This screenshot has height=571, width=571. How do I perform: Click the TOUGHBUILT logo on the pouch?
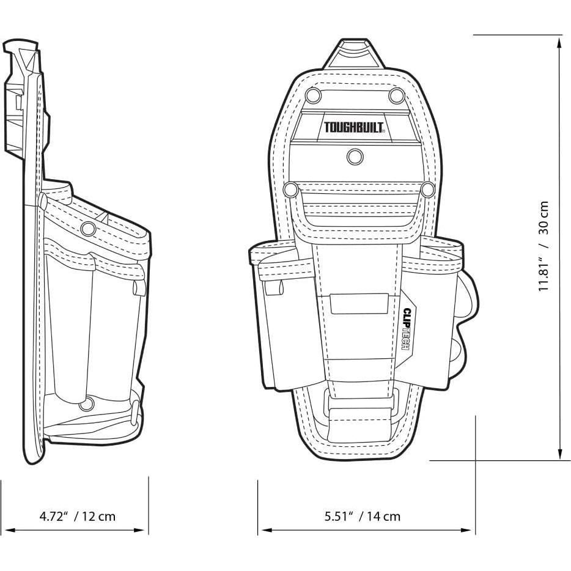[x=354, y=127]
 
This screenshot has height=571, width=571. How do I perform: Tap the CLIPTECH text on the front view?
[x=407, y=329]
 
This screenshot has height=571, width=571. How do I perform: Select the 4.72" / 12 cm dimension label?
[x=77, y=516]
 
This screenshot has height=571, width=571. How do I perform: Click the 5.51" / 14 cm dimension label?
[x=363, y=516]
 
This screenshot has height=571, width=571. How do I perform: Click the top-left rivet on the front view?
[x=312, y=95]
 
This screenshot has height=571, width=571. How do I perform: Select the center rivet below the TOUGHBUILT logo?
[x=355, y=157]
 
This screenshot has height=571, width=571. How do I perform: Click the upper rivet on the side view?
[x=88, y=229]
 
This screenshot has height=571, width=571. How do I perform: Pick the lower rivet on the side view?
[x=87, y=404]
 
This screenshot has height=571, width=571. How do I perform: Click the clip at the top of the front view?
[x=354, y=54]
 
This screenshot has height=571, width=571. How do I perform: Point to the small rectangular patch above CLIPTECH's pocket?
[x=359, y=304]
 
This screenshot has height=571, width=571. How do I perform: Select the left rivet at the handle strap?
[x=291, y=190]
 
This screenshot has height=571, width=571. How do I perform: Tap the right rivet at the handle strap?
[x=427, y=190]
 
